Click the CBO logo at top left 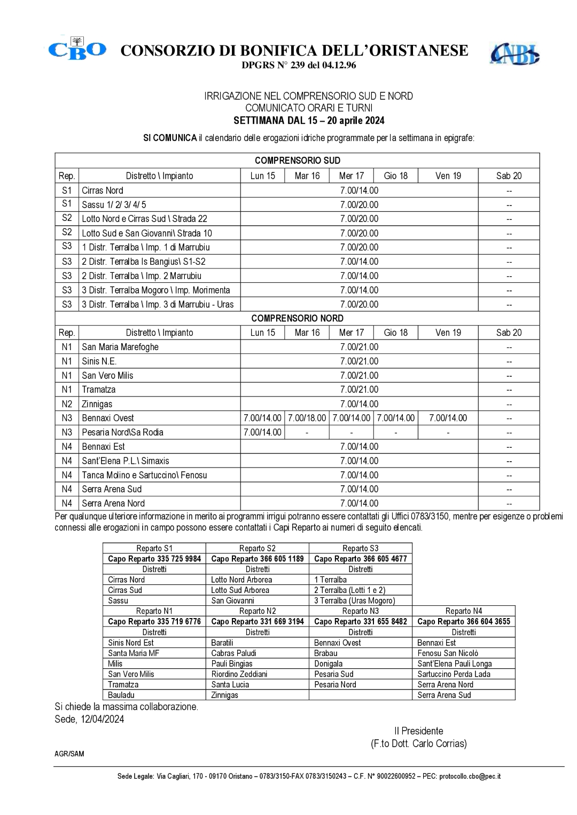tap(77, 50)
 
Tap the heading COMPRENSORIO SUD tap(297, 161)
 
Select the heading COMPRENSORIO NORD tap(297, 318)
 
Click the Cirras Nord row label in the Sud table tap(103, 191)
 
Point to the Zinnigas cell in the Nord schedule tap(97, 404)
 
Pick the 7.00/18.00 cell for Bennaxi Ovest tap(307, 418)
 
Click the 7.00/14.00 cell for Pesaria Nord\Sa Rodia tap(262, 432)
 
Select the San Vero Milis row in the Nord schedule tap(108, 375)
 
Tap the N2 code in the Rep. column tap(67, 404)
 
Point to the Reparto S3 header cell tap(361, 548)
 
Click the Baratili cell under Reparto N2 tap(222, 643)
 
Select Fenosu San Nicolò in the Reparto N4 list tap(448, 653)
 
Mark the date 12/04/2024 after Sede tap(103, 719)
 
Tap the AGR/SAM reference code tap(69, 754)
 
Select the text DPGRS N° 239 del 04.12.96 tap(299, 66)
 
